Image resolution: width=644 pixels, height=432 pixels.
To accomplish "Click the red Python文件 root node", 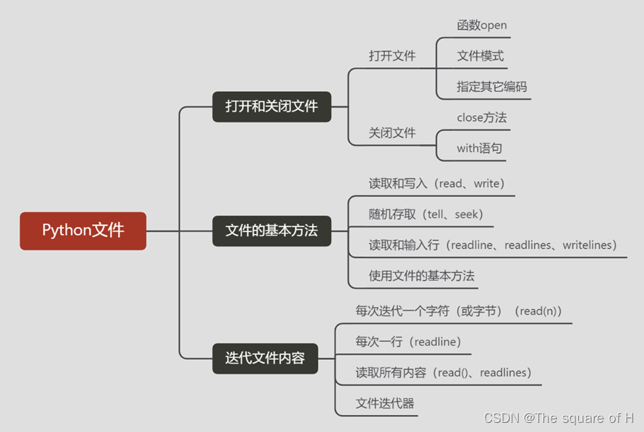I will coord(83,230).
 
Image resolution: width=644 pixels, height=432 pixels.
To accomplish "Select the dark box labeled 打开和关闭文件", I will coord(272,107).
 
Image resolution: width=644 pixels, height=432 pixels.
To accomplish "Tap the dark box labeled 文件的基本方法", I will coord(272,230).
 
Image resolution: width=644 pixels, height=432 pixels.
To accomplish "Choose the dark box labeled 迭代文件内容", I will coord(265,358).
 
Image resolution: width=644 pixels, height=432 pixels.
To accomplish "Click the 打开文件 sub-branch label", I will coord(392,56).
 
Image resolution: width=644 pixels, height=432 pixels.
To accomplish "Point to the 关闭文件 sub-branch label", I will coord(392,133).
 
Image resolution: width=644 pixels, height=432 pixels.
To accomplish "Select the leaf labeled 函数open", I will coord(482,25).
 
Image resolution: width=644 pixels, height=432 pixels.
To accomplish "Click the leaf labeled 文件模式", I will coord(481,56).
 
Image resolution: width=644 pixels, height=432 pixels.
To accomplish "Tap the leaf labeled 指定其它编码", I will coord(492,87).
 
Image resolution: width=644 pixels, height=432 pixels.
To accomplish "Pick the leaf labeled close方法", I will coord(482,118).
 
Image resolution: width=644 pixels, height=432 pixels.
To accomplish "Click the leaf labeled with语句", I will coord(480,148).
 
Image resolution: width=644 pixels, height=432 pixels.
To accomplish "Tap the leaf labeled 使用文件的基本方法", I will coord(421,276).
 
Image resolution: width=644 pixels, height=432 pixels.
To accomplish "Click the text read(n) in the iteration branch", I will coord(540,311).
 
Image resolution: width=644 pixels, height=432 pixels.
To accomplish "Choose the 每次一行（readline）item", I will coord(409,342).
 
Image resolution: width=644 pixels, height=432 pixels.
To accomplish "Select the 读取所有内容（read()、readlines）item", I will coord(444,373).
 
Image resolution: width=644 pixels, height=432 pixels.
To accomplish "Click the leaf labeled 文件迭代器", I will coord(384,404).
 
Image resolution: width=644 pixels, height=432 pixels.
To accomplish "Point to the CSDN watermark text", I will coord(558,418).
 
